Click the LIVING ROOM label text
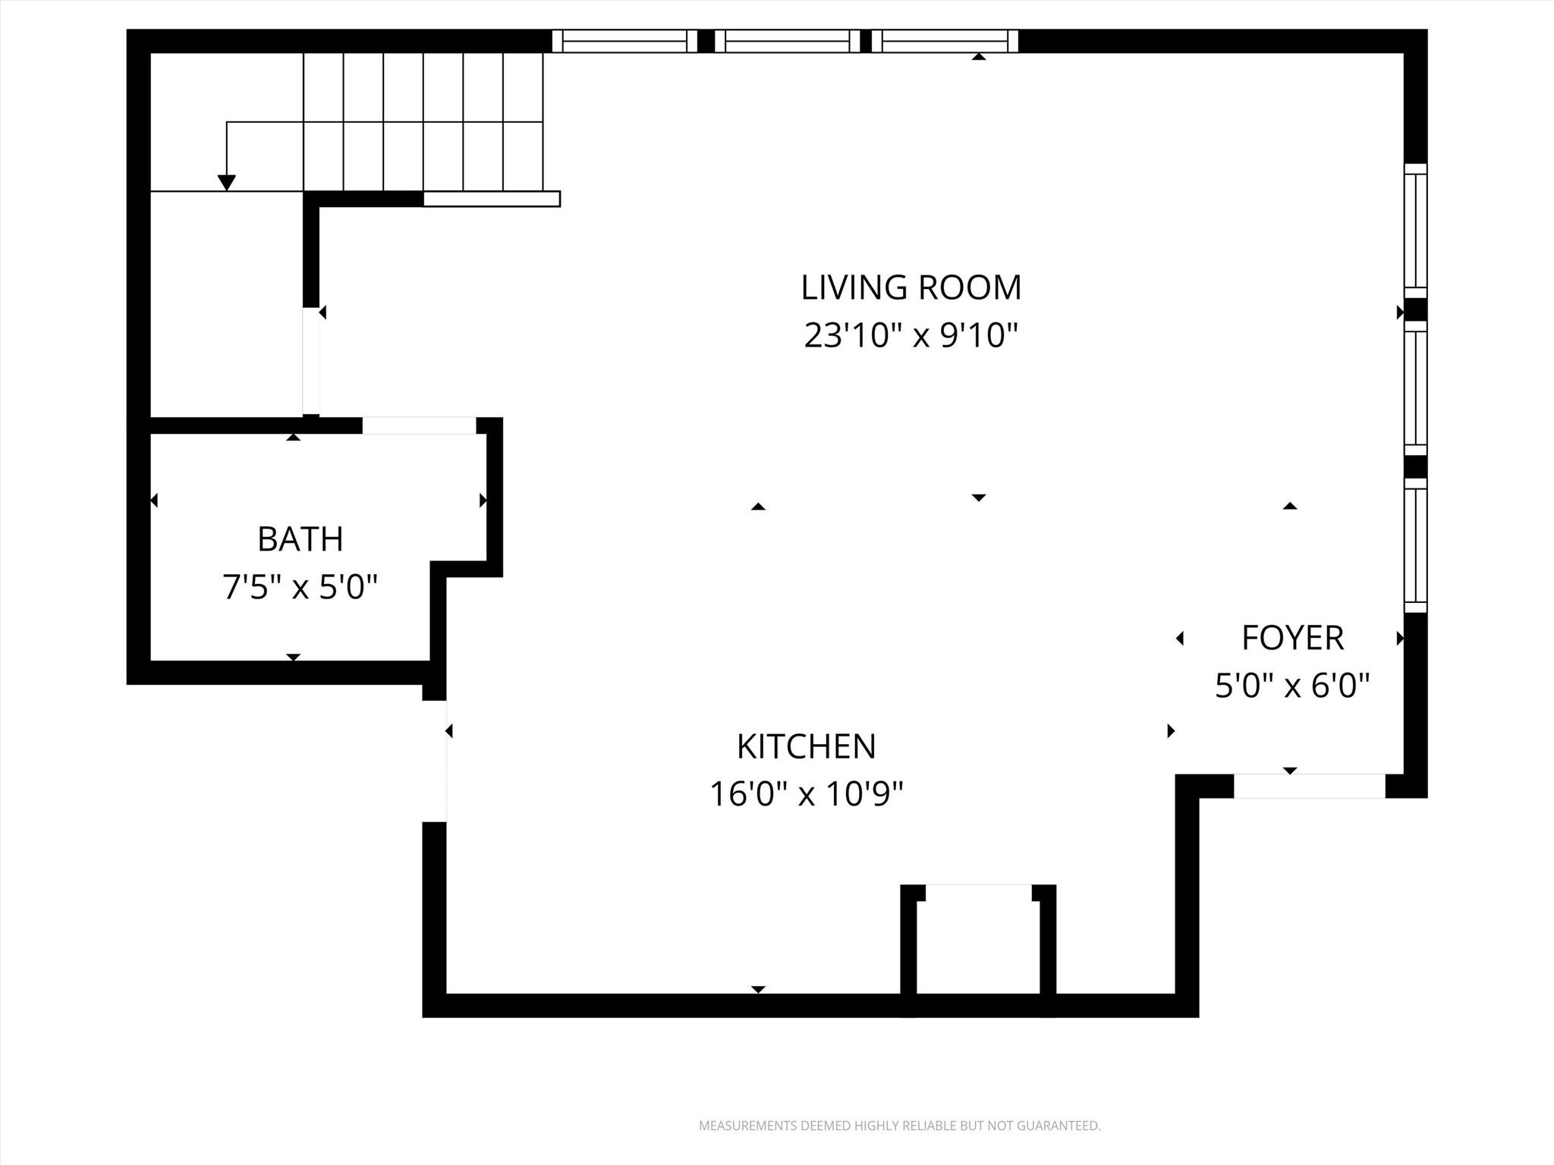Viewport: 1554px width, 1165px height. coord(911,287)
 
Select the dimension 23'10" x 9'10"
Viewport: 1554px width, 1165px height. coord(911,335)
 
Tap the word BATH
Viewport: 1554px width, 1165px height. coord(300,539)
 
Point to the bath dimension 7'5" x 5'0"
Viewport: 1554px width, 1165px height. coord(300,587)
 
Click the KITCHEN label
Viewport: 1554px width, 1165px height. coord(806,746)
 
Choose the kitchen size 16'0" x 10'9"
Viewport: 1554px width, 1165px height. coord(806,795)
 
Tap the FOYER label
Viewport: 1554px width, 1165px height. coord(1292,638)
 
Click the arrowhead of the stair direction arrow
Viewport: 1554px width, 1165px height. coord(226,183)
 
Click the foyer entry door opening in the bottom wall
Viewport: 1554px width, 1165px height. coord(1309,786)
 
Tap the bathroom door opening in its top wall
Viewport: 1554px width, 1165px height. coord(419,425)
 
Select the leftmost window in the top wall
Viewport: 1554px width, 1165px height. coord(624,41)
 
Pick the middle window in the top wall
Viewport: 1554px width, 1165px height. coord(787,41)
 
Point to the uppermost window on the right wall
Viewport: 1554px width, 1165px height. coord(1415,231)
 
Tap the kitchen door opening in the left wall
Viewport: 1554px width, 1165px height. coord(435,761)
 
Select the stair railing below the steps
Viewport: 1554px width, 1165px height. coord(491,199)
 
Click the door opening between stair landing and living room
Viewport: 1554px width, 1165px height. coord(311,361)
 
